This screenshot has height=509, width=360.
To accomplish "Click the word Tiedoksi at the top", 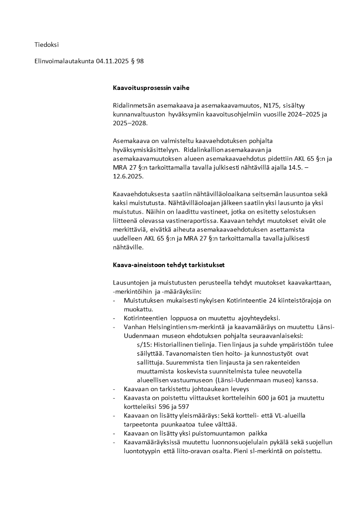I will [47, 44].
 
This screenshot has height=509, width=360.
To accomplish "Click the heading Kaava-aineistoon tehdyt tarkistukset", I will [169, 264].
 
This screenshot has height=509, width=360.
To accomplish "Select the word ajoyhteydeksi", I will [261, 318].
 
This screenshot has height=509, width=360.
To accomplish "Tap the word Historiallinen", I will [173, 345].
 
